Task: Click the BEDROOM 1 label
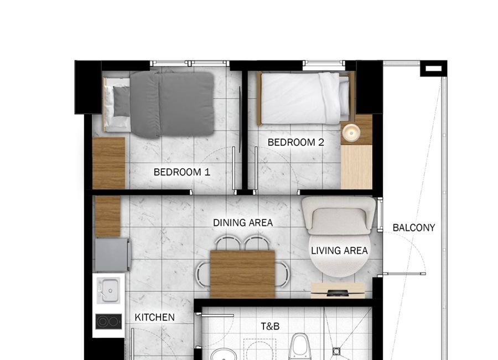point(181,172)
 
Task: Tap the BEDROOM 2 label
point(295,142)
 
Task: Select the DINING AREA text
point(243,223)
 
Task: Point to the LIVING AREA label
point(339,250)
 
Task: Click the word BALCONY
point(414,228)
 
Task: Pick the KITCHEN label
point(155,317)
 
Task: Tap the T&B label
point(270,326)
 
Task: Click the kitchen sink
point(108,290)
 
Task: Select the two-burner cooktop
point(108,322)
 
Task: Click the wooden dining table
point(243,274)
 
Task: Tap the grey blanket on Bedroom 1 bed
point(172,104)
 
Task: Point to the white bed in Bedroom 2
point(305,98)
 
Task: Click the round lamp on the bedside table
point(351,132)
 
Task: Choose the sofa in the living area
point(339,215)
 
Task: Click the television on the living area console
point(338,293)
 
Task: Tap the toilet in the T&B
point(300,346)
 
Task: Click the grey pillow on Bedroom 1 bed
point(121,101)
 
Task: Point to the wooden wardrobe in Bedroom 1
point(108,163)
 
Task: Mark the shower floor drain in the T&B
point(336,351)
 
